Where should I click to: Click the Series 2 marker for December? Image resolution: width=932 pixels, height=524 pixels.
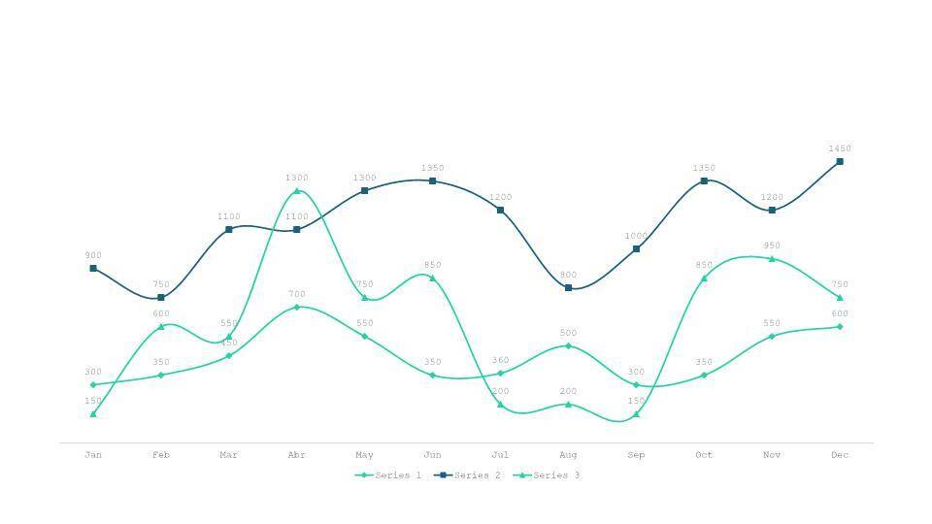pyautogui.click(x=840, y=162)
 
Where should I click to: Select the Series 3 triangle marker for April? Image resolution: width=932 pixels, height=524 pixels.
pyautogui.click(x=297, y=191)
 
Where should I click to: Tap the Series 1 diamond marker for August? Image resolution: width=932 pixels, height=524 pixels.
pyautogui.click(x=568, y=346)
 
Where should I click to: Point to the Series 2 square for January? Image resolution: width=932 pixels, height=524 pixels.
pyautogui.click(x=93, y=269)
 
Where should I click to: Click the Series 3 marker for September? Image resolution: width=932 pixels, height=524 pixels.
pyautogui.click(x=636, y=414)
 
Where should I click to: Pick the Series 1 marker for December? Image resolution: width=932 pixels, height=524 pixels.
pyautogui.click(x=840, y=327)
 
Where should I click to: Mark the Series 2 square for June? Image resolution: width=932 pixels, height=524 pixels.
pyautogui.click(x=432, y=181)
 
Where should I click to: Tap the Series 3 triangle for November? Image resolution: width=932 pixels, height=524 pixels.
pyautogui.click(x=772, y=259)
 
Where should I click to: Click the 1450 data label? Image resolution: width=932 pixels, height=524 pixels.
pyautogui.click(x=840, y=148)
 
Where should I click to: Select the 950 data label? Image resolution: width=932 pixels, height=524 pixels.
pyautogui.click(x=772, y=246)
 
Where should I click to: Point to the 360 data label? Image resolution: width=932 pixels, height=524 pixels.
pyautogui.click(x=500, y=361)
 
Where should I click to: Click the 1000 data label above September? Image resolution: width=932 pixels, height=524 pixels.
pyautogui.click(x=636, y=236)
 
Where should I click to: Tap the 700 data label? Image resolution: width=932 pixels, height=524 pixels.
pyautogui.click(x=297, y=294)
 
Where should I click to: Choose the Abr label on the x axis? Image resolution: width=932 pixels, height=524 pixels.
pyautogui.click(x=297, y=455)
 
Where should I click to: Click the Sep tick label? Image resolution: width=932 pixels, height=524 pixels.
pyautogui.click(x=636, y=455)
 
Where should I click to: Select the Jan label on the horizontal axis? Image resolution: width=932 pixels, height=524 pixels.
pyautogui.click(x=93, y=455)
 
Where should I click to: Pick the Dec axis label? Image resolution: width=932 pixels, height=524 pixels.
pyautogui.click(x=840, y=455)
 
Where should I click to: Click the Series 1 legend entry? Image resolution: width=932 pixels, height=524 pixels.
pyautogui.click(x=389, y=475)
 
